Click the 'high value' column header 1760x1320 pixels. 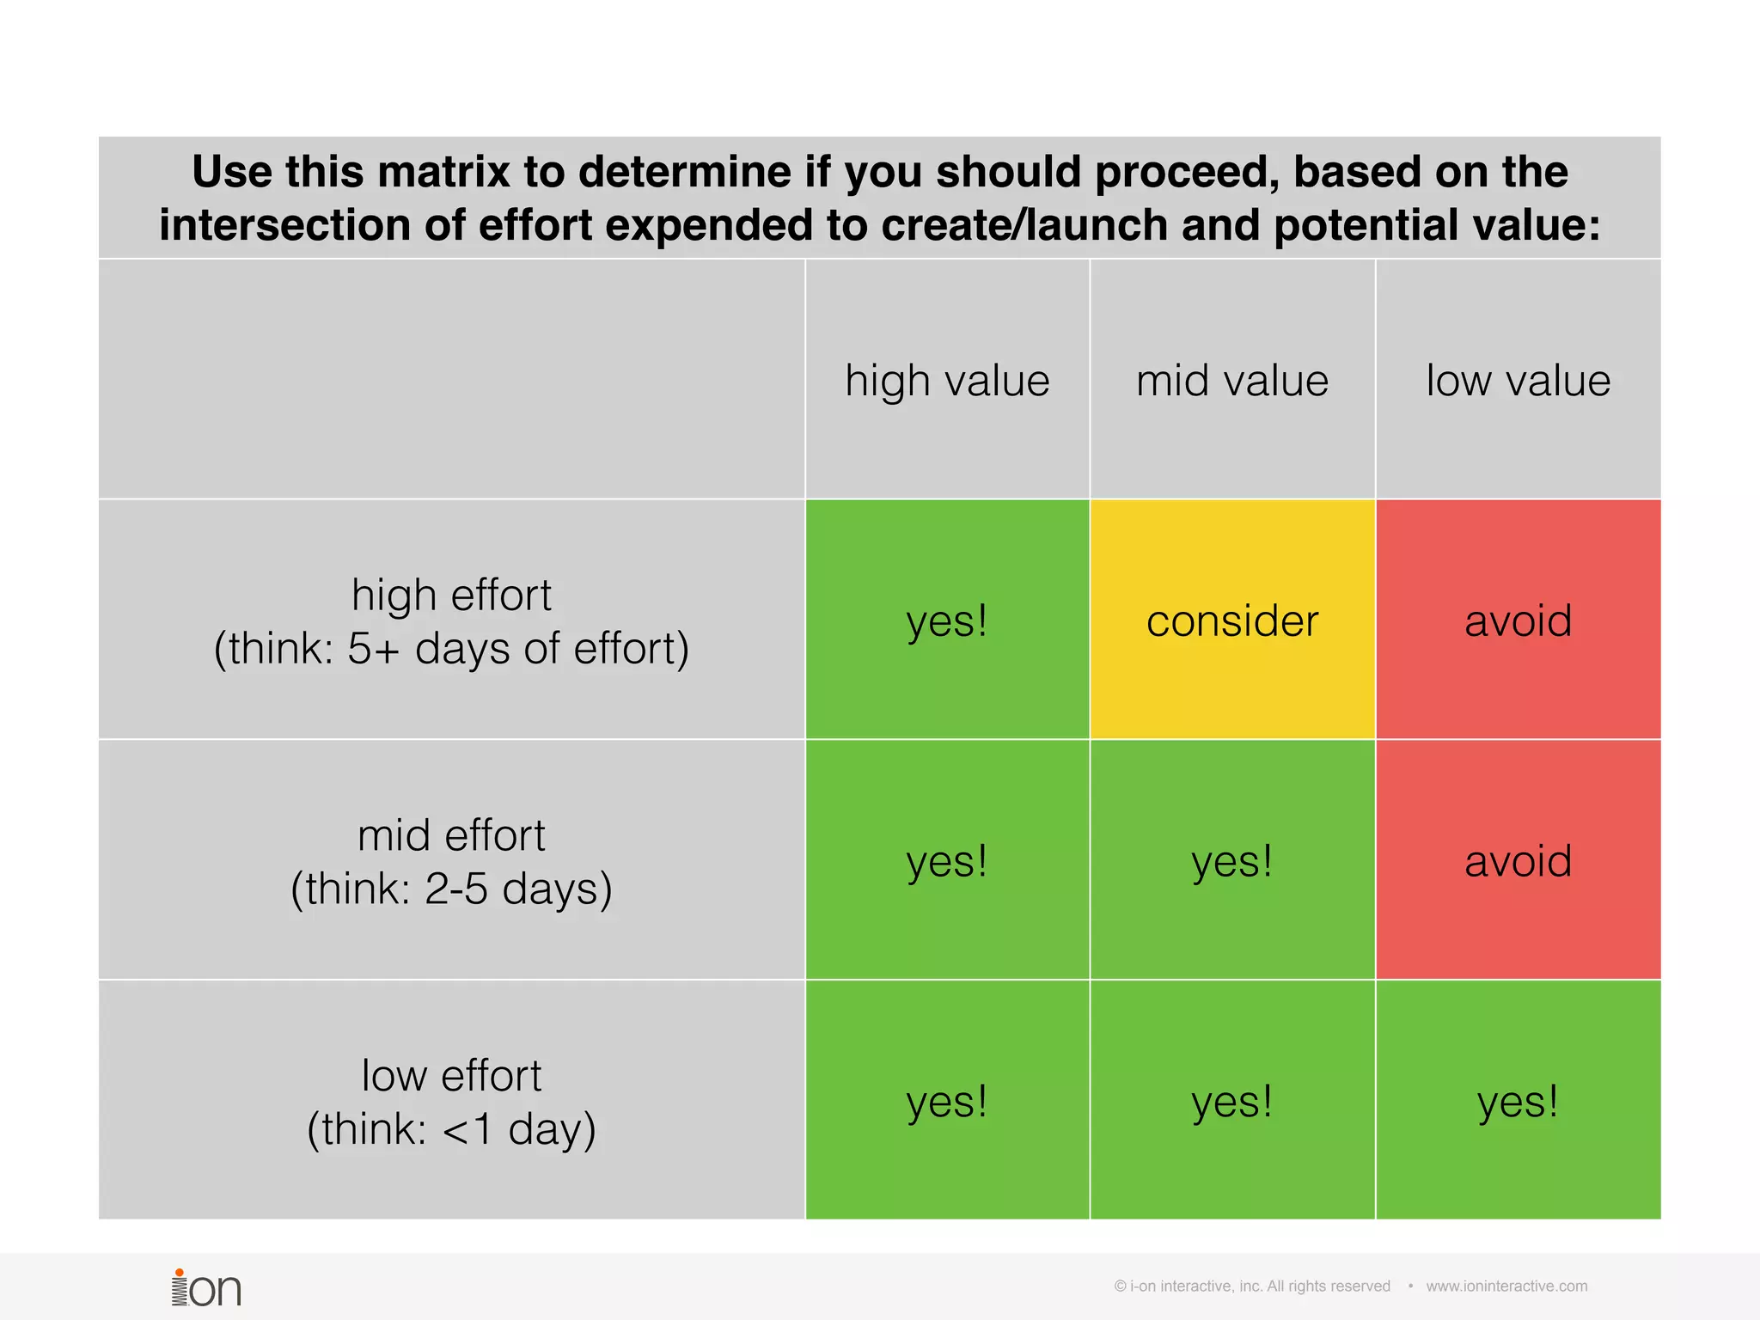tap(947, 380)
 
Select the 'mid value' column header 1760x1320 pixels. tap(1232, 380)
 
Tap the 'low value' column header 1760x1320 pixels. tap(1518, 380)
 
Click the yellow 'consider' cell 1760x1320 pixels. tap(1232, 620)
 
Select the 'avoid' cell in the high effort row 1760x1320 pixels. tap(1518, 620)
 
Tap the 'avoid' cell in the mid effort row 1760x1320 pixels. tap(1518, 861)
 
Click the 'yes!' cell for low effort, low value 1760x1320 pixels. tap(1518, 1101)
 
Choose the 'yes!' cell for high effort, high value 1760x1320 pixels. tap(947, 620)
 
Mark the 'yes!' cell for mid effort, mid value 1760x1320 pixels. tap(1232, 861)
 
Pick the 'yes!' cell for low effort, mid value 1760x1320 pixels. tap(1232, 1101)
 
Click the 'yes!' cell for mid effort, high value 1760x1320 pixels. tap(947, 861)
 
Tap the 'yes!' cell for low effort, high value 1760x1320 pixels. tap(947, 1101)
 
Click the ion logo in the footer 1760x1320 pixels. tap(206, 1288)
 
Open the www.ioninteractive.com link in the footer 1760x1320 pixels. tap(1506, 1286)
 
